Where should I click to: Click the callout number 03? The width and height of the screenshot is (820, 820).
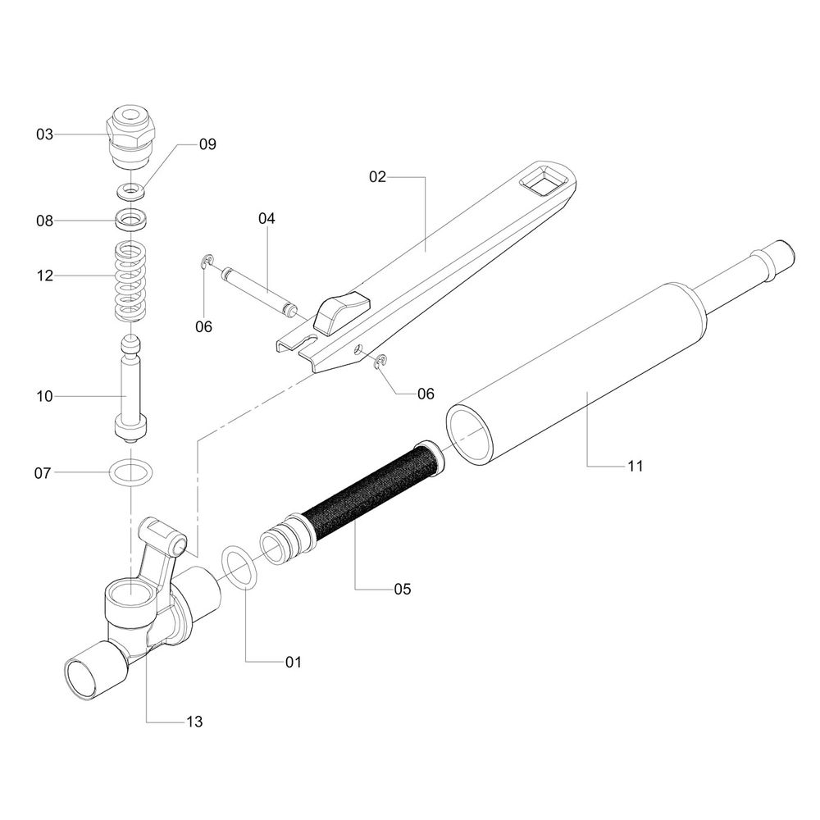coord(44,134)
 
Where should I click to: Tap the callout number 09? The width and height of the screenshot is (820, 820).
coord(207,143)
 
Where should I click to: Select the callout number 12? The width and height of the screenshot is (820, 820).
coord(45,275)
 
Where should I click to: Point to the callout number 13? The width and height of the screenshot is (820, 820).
coord(194,722)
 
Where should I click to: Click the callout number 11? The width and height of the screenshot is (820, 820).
coord(635,466)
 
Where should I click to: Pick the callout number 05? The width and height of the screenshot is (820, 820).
coord(403,589)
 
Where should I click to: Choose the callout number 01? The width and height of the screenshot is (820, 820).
coord(294,662)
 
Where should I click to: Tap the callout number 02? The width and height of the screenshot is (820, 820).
coord(377,177)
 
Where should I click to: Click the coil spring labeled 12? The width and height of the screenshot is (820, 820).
coord(130,281)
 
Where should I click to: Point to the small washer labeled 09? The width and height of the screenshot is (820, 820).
coord(130,191)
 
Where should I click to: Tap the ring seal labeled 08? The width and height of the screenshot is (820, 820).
coord(130,218)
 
